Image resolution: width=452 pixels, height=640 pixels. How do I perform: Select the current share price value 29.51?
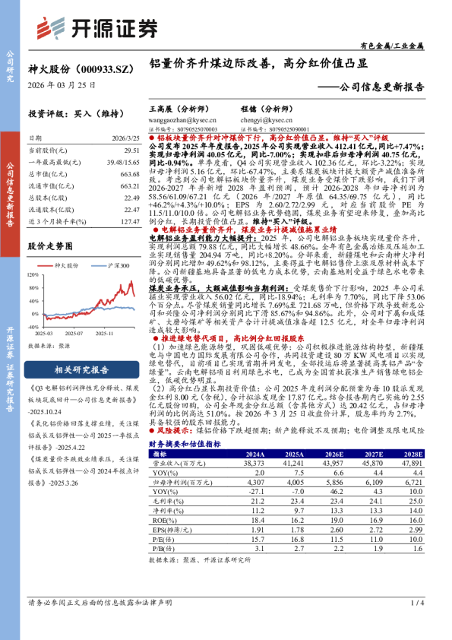click(x=131, y=151)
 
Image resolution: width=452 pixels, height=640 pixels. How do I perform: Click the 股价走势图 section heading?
click(x=50, y=246)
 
